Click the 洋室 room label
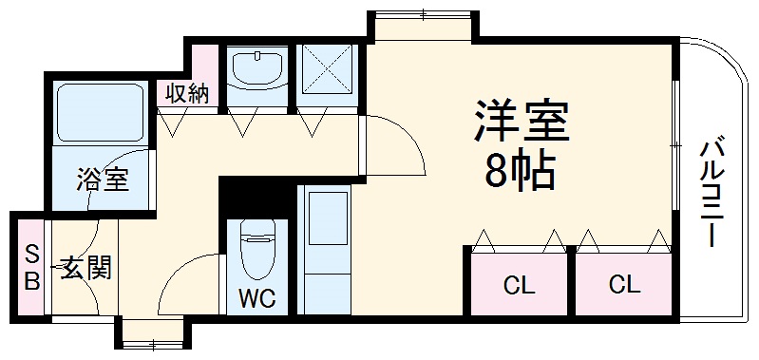[x=522, y=123]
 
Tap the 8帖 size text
[x=520, y=171]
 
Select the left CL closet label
[x=518, y=283]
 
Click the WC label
[x=256, y=299]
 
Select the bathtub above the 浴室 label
[x=100, y=113]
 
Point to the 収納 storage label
[x=187, y=93]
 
